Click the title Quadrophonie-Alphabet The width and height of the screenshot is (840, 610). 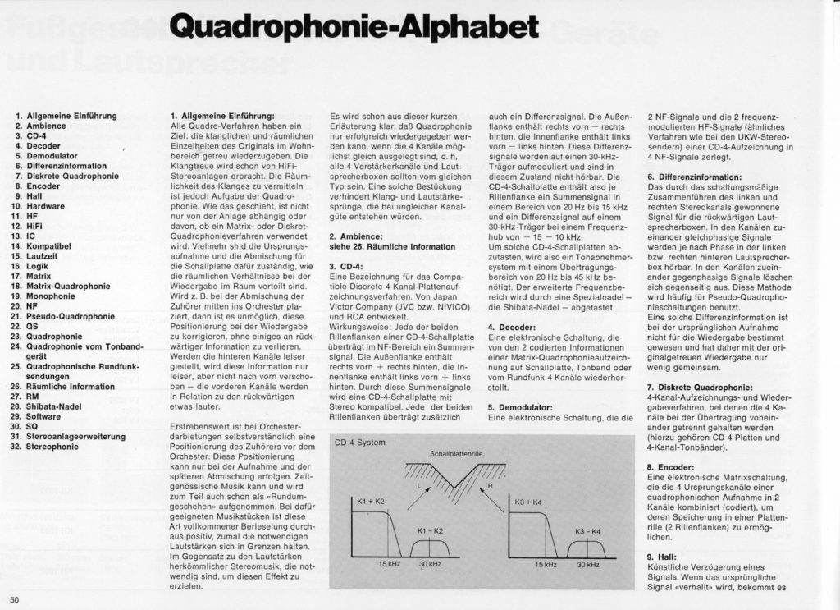click(354, 26)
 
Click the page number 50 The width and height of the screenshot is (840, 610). click(15, 599)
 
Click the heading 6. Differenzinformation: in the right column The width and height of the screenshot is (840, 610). click(695, 177)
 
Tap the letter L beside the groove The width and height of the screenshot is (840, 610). click(418, 486)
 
